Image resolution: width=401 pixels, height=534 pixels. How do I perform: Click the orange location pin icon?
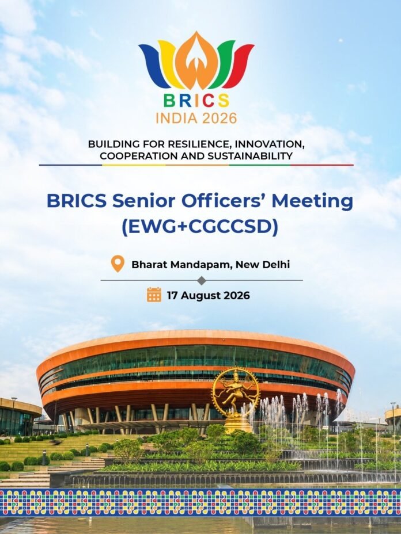[118, 264]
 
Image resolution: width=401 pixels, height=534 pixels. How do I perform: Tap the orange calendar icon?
[154, 295]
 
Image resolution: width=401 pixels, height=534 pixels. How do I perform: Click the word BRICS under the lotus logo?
[196, 101]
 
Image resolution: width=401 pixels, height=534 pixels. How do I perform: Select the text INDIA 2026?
[196, 118]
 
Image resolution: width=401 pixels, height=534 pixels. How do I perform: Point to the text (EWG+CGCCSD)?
[200, 227]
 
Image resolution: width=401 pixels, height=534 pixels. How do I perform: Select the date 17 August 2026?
[208, 295]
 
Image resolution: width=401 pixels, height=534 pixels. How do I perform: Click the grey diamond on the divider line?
[202, 280]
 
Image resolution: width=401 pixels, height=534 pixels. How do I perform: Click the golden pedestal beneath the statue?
[239, 424]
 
